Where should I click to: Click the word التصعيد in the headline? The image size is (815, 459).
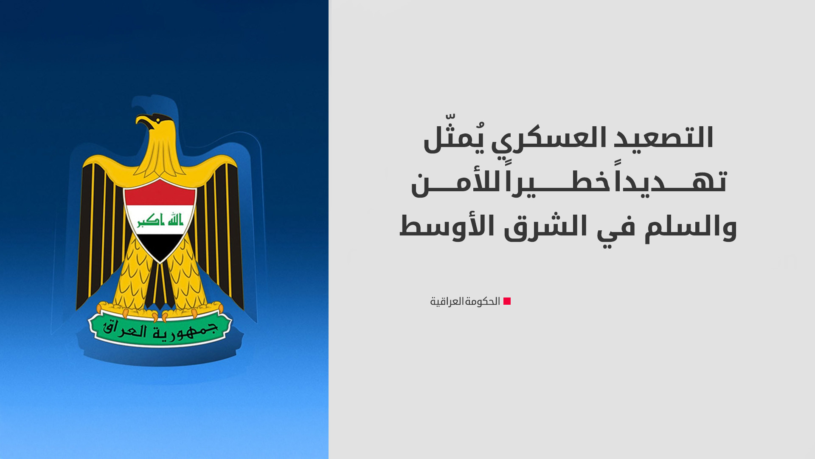tap(665, 138)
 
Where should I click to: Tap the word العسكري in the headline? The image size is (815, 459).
tap(553, 139)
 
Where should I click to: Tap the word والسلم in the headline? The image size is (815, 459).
tap(690, 227)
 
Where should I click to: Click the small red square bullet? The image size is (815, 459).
tap(507, 301)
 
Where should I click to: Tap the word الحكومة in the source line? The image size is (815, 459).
tap(483, 301)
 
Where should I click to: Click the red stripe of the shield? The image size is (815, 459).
tap(160, 193)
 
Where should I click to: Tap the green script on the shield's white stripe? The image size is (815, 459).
tap(160, 220)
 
